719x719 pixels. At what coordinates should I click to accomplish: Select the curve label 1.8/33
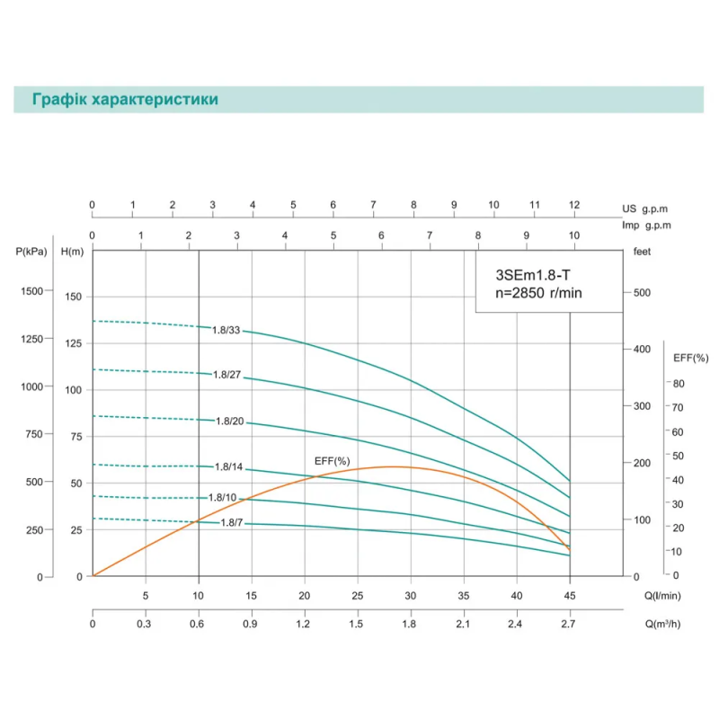pos(226,330)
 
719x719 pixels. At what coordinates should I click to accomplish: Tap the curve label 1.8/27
pos(226,374)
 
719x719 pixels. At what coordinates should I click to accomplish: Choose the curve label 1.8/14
pos(229,466)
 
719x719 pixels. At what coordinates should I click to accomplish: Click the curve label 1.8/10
pos(222,497)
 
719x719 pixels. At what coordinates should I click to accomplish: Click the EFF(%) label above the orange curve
pos(332,461)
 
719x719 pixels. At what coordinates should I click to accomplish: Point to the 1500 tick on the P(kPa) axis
pos(32,291)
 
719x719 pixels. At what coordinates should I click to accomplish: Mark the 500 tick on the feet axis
pos(642,292)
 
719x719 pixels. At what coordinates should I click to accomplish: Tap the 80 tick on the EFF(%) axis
pos(679,383)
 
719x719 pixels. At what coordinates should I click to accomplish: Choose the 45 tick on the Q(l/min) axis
pos(570,595)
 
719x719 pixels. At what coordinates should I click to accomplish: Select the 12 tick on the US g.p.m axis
pos(573,205)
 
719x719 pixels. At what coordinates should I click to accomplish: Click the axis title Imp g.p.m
pos(646,225)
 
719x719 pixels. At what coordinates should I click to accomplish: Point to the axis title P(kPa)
pos(31,252)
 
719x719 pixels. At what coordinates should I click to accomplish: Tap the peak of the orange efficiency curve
pos(393,466)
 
